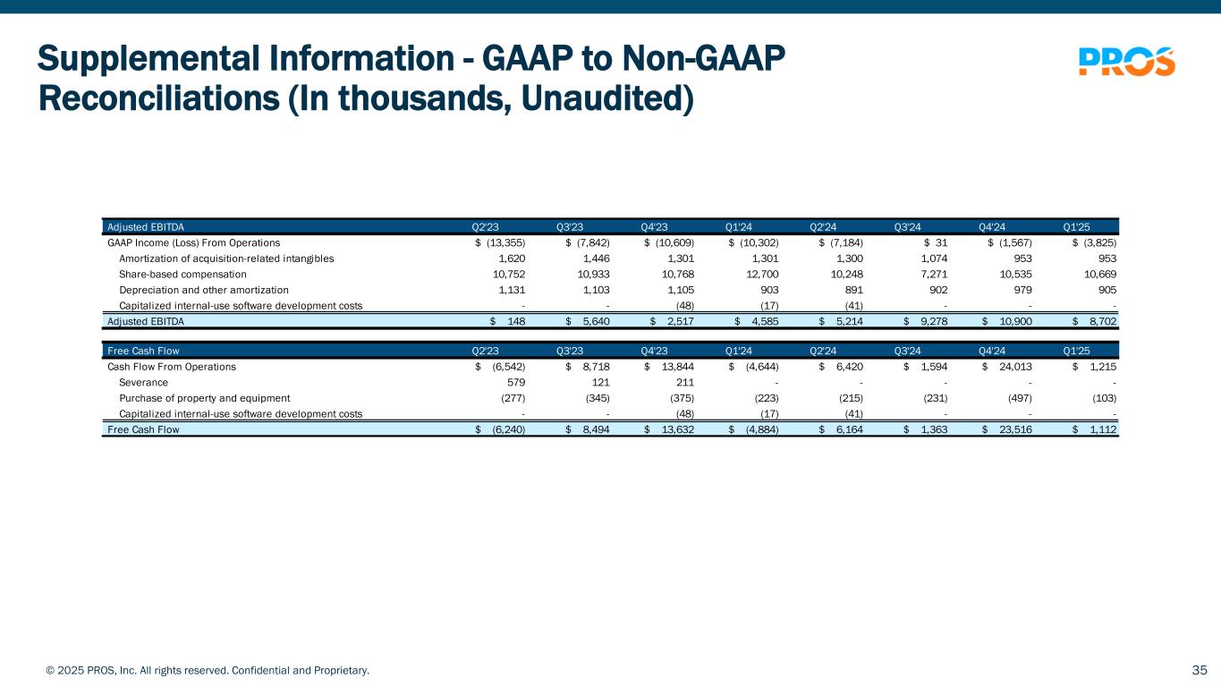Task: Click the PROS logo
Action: tap(1127, 62)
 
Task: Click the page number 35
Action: tap(1200, 670)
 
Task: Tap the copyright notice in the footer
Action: tap(208, 670)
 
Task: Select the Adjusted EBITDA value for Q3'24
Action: tap(934, 321)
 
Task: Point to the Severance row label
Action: tap(143, 382)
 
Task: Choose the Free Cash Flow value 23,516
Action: tap(1015, 429)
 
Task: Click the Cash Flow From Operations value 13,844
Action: tap(677, 367)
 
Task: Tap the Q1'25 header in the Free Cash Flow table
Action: tap(1076, 351)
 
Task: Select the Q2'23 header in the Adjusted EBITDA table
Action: tap(485, 227)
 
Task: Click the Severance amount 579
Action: tap(515, 382)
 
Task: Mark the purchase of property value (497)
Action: tap(1020, 398)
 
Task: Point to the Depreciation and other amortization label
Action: tap(204, 290)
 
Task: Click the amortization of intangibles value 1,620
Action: tap(512, 259)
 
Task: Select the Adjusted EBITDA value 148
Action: tap(516, 321)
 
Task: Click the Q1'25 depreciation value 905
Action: tap(1107, 290)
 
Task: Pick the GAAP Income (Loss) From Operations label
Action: tap(193, 242)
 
